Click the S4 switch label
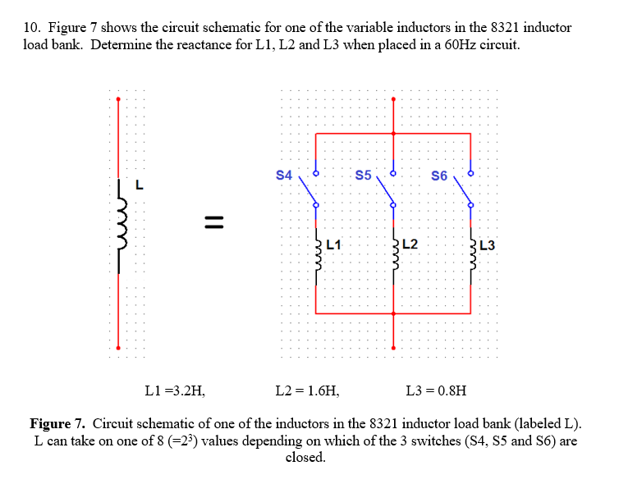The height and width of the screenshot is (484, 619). (x=284, y=175)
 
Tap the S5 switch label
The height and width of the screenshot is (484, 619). (x=363, y=175)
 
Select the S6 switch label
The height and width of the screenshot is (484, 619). (x=439, y=176)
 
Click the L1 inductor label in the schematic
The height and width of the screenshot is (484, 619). (x=333, y=244)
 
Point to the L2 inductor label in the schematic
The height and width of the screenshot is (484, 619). (x=410, y=244)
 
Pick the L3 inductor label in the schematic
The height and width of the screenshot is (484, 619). (x=487, y=244)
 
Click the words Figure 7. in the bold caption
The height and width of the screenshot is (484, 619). (x=57, y=424)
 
